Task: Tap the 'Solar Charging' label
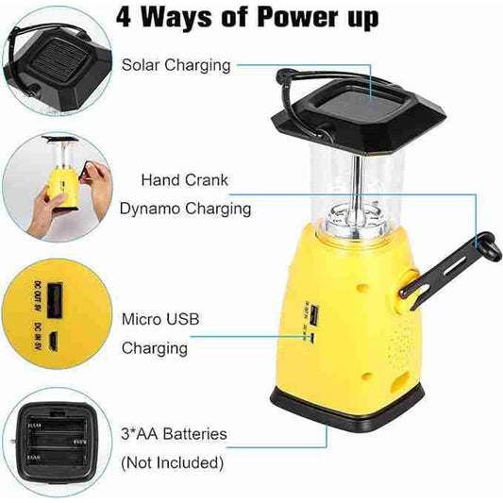[x=176, y=65]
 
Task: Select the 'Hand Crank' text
[x=185, y=178]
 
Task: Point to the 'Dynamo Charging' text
[x=185, y=209]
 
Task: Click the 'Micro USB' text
[x=160, y=319]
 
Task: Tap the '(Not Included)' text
[x=172, y=462]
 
